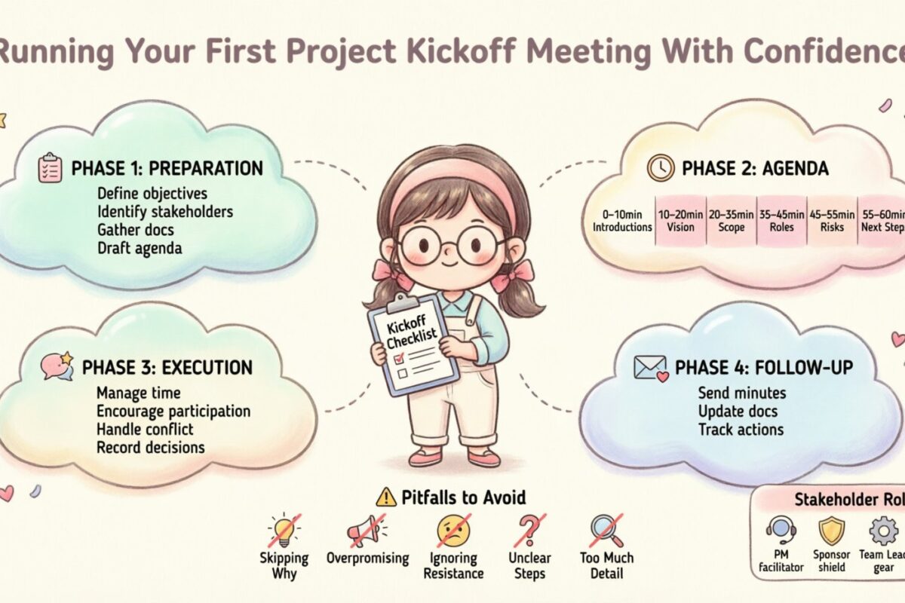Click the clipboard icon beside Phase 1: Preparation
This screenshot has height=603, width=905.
50,167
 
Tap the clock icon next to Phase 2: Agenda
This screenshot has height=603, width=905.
661,167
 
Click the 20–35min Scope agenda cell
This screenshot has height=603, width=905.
732,220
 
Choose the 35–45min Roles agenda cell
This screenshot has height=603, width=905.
782,220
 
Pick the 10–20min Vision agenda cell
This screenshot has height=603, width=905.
681,220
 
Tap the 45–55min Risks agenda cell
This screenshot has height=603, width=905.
833,220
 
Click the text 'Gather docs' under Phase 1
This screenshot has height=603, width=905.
135,230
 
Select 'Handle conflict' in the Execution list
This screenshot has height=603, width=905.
145,430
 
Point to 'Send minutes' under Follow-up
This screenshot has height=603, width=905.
741,393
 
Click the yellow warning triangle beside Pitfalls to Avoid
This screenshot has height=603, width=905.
385,497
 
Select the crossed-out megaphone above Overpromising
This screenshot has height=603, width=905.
367,531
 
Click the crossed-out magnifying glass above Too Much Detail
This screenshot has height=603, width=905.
606,531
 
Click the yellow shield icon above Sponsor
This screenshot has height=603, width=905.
831,531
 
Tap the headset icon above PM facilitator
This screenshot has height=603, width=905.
780,531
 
